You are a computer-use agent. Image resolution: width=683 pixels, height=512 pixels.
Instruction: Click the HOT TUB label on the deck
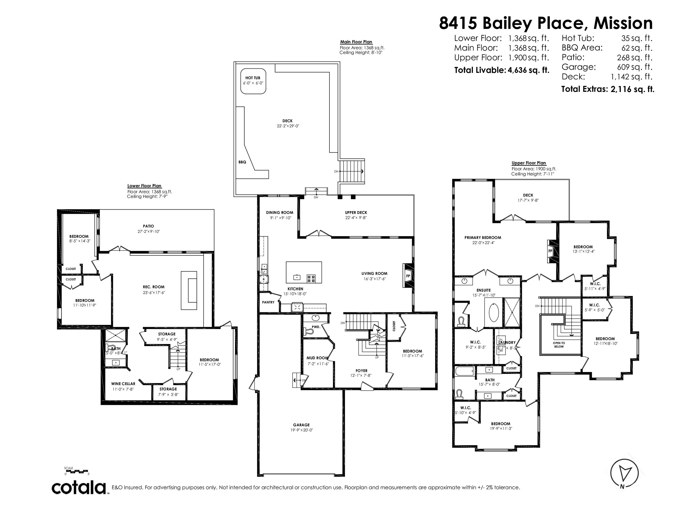[253, 78]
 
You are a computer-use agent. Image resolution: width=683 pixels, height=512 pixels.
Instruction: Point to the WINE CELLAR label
[123, 384]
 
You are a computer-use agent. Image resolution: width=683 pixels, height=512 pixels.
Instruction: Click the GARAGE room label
[301, 425]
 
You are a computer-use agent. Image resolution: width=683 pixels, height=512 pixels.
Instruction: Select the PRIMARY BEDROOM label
[483, 237]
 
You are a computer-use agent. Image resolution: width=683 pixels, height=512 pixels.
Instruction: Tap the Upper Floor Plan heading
[529, 163]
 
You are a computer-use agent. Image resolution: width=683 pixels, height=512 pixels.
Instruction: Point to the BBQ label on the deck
[242, 162]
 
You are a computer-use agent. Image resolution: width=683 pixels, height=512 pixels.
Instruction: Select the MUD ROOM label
[317, 358]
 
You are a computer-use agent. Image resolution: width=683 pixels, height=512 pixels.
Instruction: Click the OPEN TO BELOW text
[559, 344]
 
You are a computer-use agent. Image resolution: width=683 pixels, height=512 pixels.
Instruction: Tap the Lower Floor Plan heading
[144, 186]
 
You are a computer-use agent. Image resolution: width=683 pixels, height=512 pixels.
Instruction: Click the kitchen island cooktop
[311, 279]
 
